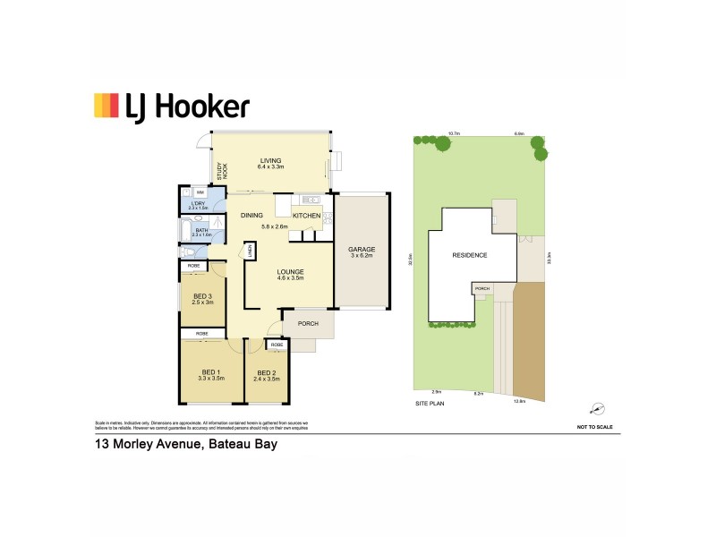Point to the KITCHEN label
click(306, 217)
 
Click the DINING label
click(251, 216)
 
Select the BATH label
click(201, 231)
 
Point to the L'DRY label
click(199, 204)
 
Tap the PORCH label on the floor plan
click(308, 323)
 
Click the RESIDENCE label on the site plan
click(470, 255)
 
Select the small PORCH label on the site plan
click(482, 289)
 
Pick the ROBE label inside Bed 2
click(277, 345)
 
